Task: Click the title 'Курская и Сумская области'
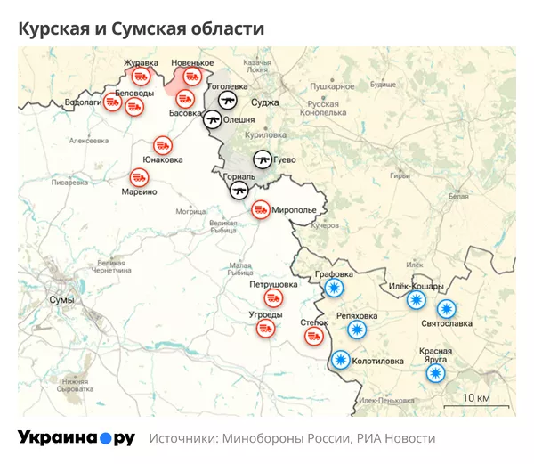(x=142, y=28)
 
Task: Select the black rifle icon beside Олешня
(x=213, y=118)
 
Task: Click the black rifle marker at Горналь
(x=239, y=190)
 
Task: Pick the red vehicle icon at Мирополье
(x=261, y=209)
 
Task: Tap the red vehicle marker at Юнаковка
(x=163, y=144)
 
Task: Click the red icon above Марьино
(x=140, y=176)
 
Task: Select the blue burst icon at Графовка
(x=334, y=289)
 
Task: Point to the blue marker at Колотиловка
(x=340, y=360)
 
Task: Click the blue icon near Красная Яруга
(x=435, y=373)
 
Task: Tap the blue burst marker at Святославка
(x=446, y=309)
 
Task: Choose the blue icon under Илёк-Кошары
(x=416, y=300)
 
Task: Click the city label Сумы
(x=61, y=300)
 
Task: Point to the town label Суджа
(x=264, y=102)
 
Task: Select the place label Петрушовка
(x=272, y=285)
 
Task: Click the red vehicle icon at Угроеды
(x=264, y=328)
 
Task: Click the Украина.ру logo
(x=77, y=438)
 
